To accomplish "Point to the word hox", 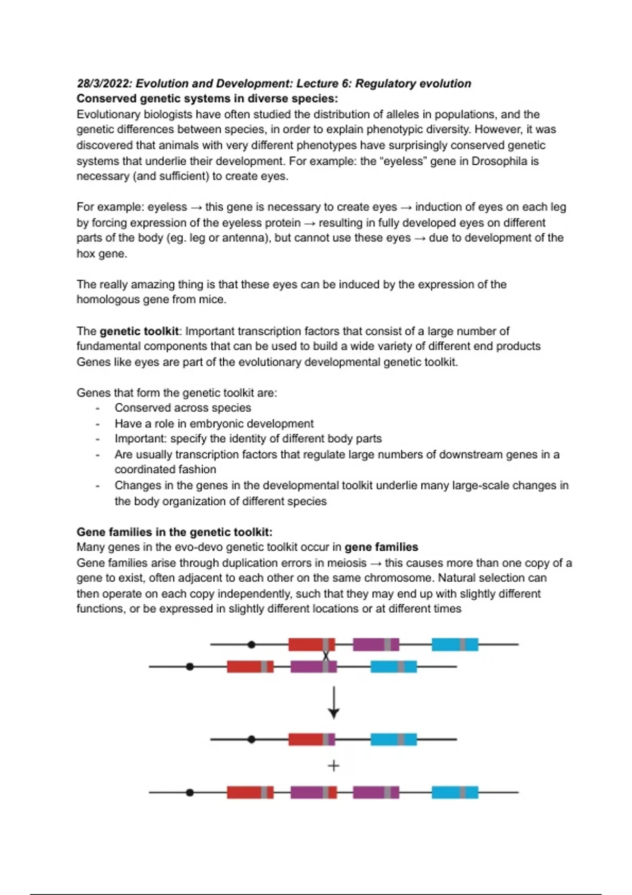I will tap(86, 254).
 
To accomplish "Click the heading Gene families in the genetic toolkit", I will tap(174, 532).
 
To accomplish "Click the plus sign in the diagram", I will tap(333, 765).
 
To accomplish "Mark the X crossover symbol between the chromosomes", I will tap(326, 656).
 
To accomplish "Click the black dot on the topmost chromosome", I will tap(251, 644).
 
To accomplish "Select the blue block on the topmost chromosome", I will tap(455, 644).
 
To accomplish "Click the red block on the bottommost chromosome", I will tap(250, 792).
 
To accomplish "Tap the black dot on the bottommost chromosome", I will tap(190, 792).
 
